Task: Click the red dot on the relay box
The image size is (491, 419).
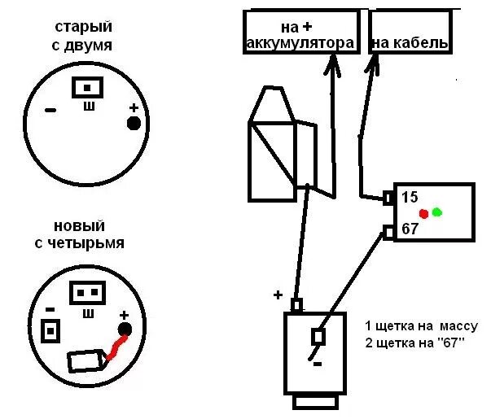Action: [x=423, y=214]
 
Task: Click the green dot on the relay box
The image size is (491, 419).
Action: [x=436, y=212]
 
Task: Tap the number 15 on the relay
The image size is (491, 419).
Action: [x=410, y=198]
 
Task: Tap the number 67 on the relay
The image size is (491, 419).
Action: [x=410, y=229]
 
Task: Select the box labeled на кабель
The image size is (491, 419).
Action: [x=410, y=33]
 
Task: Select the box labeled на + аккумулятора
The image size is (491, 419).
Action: [x=300, y=33]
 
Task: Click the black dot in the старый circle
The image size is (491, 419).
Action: [x=134, y=123]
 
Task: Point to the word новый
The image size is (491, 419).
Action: [x=80, y=225]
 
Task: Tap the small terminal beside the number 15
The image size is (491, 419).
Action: [x=389, y=197]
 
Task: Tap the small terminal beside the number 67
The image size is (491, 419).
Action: [x=389, y=233]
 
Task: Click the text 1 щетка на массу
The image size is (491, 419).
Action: [x=421, y=325]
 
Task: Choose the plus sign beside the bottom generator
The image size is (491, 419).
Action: [x=278, y=295]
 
